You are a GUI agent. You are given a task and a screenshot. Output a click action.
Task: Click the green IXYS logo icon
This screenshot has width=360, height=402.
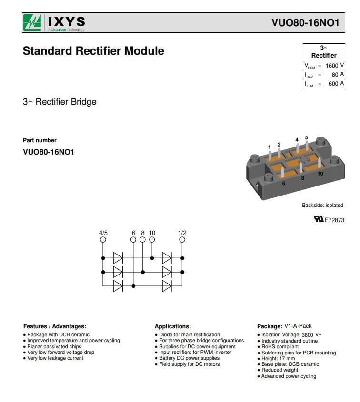32,22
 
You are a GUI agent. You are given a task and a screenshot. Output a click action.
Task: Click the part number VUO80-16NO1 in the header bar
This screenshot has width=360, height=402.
305,23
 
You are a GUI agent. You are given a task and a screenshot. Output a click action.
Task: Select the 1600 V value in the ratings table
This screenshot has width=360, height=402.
335,66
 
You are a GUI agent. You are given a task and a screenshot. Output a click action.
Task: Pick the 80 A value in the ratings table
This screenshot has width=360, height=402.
338,75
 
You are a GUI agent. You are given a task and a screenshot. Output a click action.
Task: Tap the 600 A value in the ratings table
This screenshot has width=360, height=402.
336,84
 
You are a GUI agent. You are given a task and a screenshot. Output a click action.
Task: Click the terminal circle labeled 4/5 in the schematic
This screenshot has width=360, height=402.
103,240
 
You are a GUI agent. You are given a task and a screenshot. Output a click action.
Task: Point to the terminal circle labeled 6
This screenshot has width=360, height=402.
133,240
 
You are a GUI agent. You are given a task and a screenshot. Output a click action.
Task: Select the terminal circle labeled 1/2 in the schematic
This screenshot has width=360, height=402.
182,240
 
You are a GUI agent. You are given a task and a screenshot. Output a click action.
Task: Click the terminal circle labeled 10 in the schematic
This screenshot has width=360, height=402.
152,240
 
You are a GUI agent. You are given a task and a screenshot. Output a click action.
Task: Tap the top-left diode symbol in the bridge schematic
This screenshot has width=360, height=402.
118,258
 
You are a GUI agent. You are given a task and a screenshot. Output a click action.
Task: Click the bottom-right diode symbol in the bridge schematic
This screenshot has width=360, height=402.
167,286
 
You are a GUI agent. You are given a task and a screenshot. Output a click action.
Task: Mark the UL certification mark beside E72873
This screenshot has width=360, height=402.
319,219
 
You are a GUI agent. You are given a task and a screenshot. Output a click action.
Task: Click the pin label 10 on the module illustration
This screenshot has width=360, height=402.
320,174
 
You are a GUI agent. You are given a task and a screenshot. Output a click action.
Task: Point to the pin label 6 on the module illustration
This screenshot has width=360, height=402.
283,184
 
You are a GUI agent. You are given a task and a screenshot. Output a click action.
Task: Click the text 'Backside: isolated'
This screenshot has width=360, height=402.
322,206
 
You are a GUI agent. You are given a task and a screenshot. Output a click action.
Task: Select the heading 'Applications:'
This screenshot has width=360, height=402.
173,326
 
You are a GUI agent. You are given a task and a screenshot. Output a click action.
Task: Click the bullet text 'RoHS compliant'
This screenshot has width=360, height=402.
280,347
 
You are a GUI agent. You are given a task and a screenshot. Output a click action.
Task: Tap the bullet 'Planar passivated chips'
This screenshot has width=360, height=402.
54,347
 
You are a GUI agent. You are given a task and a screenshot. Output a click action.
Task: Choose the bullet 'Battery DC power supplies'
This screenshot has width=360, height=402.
189,358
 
